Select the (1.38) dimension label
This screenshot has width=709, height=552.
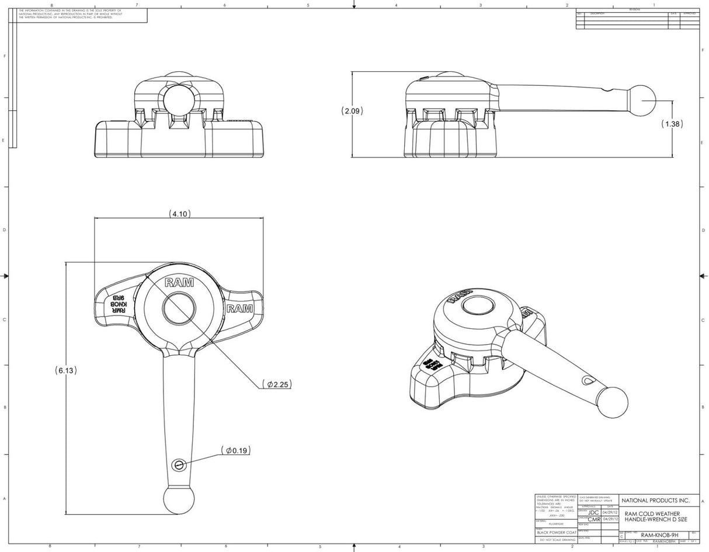click(x=672, y=124)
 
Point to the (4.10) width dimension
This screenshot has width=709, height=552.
click(x=180, y=214)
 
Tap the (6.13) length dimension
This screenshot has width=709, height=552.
click(x=66, y=370)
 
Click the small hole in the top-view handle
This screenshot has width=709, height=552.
click(x=179, y=464)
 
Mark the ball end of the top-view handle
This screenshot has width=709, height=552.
click(x=178, y=501)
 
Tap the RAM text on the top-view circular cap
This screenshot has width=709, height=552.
click(x=179, y=283)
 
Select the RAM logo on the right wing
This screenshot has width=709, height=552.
click(x=239, y=308)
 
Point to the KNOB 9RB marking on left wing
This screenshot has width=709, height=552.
click(x=119, y=304)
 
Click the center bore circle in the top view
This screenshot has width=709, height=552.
click(x=179, y=309)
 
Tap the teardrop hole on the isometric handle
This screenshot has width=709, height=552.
click(x=586, y=380)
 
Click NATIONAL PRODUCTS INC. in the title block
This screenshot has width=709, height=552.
click(x=655, y=501)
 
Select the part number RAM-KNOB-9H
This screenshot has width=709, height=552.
click(x=659, y=534)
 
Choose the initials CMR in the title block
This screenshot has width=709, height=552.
click(x=593, y=519)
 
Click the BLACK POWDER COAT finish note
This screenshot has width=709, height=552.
click(x=556, y=533)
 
